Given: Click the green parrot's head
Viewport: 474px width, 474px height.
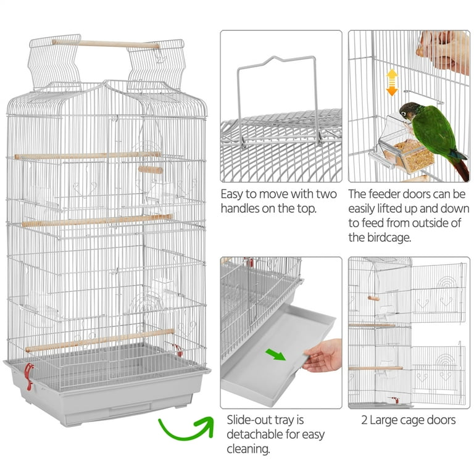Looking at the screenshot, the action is pos(407,111).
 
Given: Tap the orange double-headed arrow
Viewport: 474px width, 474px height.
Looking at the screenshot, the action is pos(392,83).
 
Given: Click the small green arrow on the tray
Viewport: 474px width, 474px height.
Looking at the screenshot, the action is pos(275,354).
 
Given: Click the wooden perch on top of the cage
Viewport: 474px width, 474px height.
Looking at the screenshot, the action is pos(106,44).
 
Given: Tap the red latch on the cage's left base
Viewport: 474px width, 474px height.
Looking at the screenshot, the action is pos(29,376).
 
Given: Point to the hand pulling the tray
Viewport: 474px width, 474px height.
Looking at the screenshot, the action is pos(322,355).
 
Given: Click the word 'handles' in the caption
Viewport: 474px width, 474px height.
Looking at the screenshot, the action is pos(239,208).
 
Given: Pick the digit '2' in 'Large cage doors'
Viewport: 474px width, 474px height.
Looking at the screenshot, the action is pos(364,420).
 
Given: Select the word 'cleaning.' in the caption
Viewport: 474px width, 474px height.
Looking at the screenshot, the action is pos(248,449).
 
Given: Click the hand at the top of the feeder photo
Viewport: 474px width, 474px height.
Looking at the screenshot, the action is pos(444,51).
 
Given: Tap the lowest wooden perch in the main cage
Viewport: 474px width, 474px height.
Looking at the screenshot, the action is pos(100,341).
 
